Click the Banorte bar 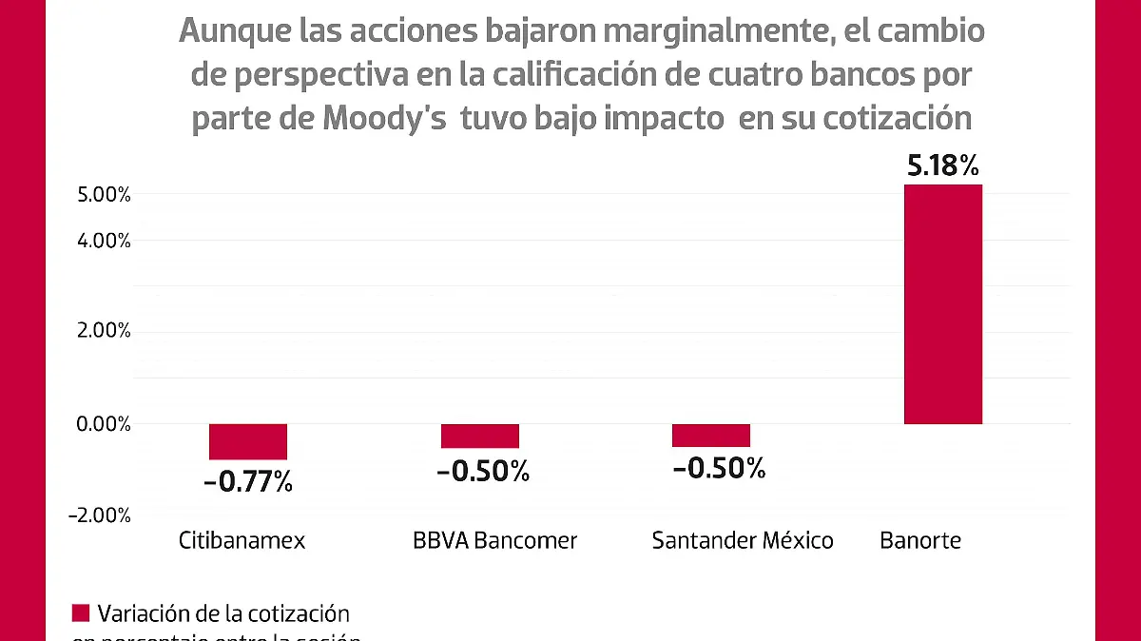tap(942, 304)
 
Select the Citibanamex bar tap(248, 442)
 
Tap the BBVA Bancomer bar tap(480, 436)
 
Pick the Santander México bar tap(711, 436)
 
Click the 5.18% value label tap(942, 167)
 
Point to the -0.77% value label tap(248, 481)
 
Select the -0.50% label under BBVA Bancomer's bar tap(483, 471)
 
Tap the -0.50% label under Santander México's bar tap(718, 468)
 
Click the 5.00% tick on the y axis tap(104, 195)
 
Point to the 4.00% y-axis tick tap(104, 241)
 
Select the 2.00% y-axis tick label tap(104, 331)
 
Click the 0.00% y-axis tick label tap(104, 424)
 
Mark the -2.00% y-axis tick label tap(100, 515)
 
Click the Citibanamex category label tap(242, 541)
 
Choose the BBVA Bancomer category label tap(494, 541)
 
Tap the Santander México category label tap(743, 541)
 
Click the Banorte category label tap(920, 541)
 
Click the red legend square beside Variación tap(81, 612)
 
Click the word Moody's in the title tap(385, 120)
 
